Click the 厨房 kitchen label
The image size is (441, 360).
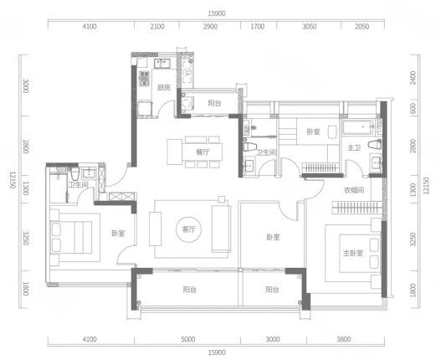[164, 88]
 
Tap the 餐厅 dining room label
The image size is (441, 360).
[203, 152]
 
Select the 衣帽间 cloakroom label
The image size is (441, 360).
[354, 190]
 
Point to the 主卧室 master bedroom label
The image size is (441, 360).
[353, 253]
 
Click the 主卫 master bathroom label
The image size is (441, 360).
[354, 147]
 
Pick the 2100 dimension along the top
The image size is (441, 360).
[157, 27]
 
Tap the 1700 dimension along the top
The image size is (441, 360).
[258, 27]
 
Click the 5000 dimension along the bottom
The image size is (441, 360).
[188, 339]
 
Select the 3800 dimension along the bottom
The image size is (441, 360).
[344, 339]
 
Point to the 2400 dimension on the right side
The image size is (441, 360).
[413, 78]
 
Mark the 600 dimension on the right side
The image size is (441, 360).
[413, 109]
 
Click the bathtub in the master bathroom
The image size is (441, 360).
[358, 127]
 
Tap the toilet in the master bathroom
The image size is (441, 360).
[374, 145]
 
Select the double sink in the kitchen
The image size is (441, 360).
[162, 64]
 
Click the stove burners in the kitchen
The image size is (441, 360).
[144, 79]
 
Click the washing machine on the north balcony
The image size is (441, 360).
[187, 104]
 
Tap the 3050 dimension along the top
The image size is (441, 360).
[309, 27]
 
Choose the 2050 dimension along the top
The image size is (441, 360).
[362, 27]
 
